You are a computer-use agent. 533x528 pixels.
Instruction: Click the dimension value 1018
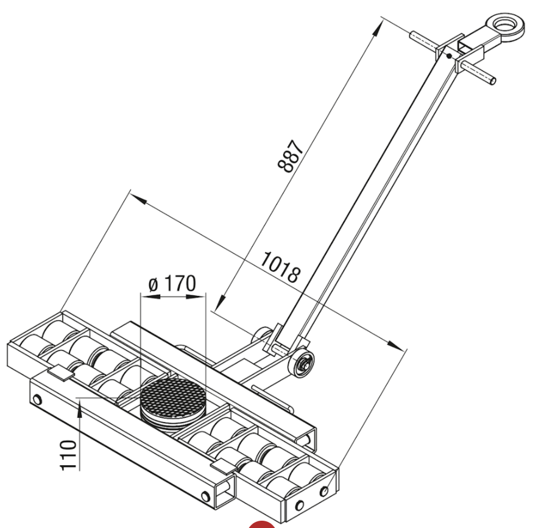281,267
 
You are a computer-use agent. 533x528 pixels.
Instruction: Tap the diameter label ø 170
172,283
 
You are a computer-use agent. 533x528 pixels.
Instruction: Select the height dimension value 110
68,455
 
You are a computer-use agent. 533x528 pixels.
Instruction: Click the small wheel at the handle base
301,364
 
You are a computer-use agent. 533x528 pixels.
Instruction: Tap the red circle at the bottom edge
261,524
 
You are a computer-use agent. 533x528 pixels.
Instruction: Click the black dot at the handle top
449,55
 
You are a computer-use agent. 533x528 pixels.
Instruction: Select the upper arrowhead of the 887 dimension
377,28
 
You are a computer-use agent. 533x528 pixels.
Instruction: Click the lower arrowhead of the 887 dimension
221,303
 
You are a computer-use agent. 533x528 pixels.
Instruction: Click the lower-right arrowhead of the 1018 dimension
397,345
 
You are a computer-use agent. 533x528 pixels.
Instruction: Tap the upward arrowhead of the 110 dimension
80,407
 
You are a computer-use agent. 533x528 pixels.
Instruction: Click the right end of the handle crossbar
493,80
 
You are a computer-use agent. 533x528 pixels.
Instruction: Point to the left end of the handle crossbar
412,35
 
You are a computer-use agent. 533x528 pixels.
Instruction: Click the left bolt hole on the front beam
37,400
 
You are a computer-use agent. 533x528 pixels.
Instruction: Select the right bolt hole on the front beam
205,496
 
